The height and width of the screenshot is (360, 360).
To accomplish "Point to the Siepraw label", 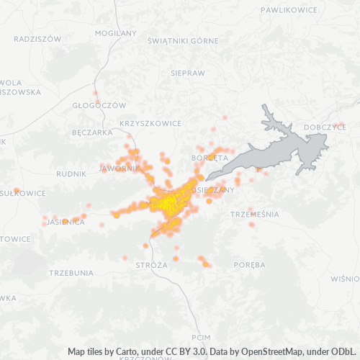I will [188, 73].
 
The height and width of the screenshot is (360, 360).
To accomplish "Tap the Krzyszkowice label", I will [151, 123].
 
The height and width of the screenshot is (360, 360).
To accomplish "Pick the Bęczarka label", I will [92, 132].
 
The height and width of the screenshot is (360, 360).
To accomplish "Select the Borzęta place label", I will [210, 157].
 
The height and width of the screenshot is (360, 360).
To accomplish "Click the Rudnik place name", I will [71, 174].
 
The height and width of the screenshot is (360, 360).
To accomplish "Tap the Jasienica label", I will [66, 222].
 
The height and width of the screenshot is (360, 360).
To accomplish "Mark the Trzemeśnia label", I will [253, 215].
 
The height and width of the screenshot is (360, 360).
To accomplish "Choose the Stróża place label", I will [151, 265].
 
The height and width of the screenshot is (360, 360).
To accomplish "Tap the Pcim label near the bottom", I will [201, 337].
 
